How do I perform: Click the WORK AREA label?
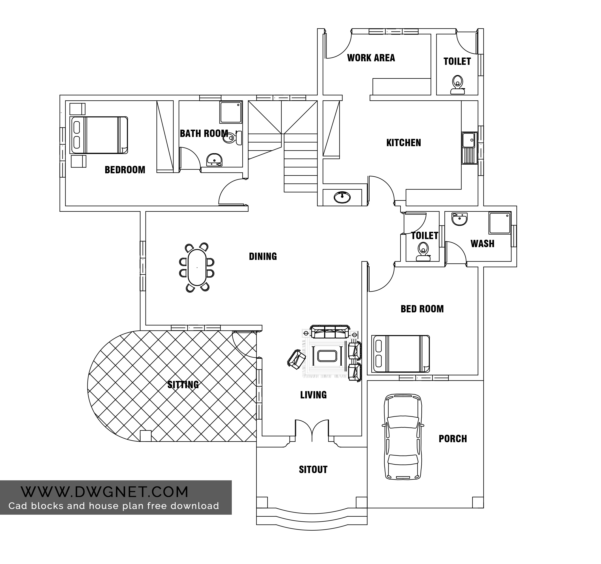(371, 58)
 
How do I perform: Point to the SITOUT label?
(313, 469)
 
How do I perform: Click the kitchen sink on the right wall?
(469, 148)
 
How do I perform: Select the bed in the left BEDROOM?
(99, 135)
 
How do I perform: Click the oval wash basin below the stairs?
(342, 197)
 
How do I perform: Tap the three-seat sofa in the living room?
(330, 332)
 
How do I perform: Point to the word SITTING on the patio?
(183, 385)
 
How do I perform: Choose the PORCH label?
(453, 438)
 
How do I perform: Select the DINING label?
(263, 256)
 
